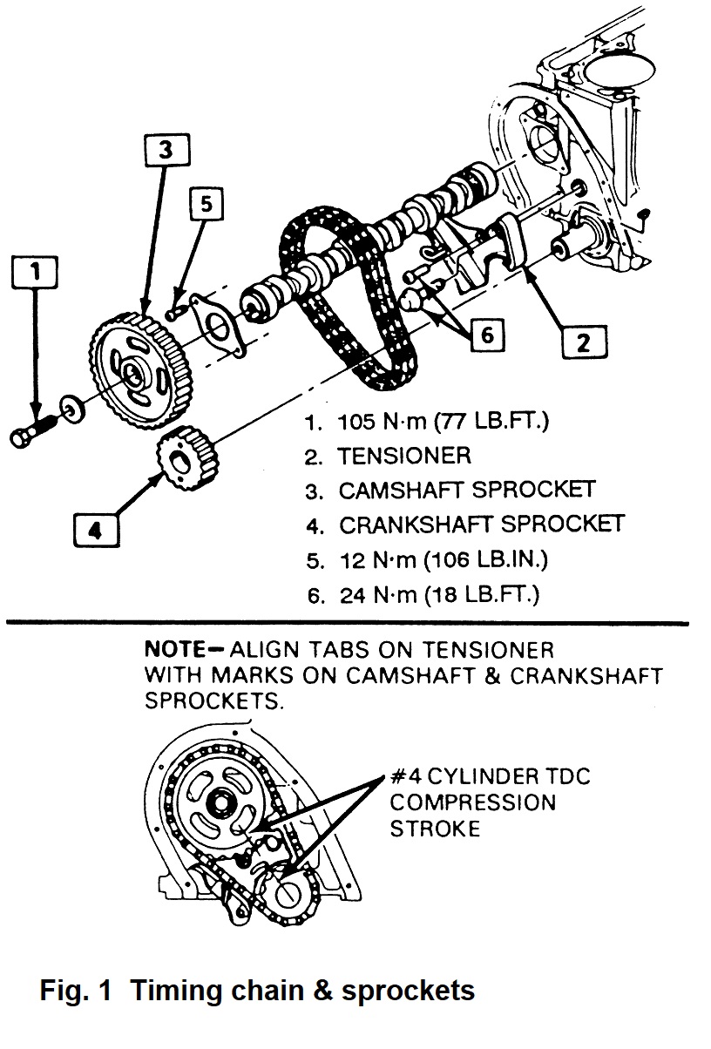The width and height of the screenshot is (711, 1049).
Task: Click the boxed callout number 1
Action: (35, 273)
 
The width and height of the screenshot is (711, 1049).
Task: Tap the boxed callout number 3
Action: (166, 151)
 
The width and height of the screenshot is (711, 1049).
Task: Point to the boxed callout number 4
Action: (95, 529)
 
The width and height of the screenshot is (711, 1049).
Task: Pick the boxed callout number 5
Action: (206, 206)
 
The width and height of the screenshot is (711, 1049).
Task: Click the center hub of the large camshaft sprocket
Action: (132, 375)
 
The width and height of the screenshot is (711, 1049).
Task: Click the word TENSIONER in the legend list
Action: (404, 456)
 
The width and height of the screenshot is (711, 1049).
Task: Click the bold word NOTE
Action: (173, 650)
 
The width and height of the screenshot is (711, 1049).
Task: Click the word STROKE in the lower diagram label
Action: (435, 829)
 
